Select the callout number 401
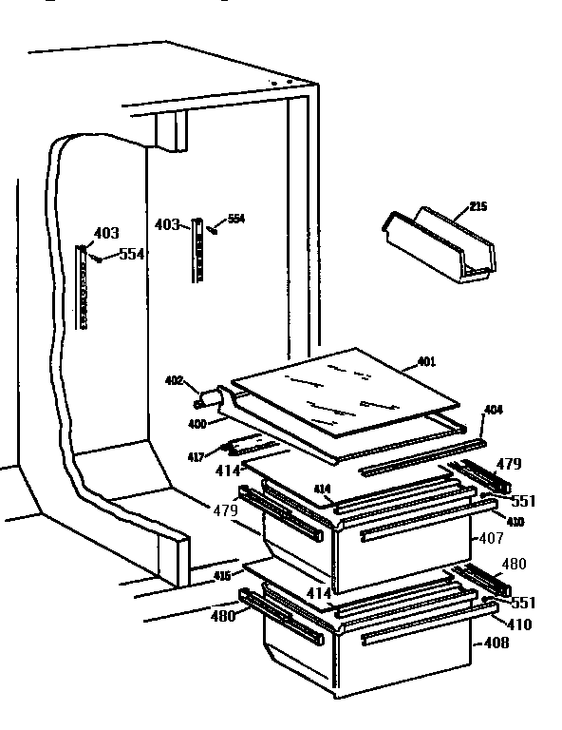(x=427, y=361)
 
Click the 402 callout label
(x=174, y=382)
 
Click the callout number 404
(x=494, y=410)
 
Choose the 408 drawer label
(x=496, y=643)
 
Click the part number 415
(x=220, y=576)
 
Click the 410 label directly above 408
(x=518, y=624)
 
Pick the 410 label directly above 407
(x=514, y=522)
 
